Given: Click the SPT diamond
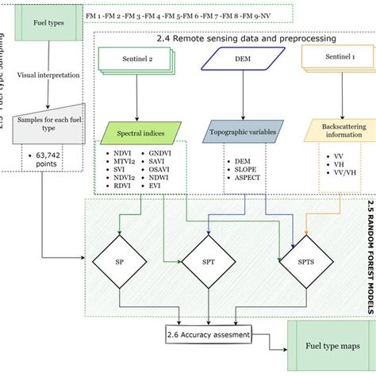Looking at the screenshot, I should pos(206,261).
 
